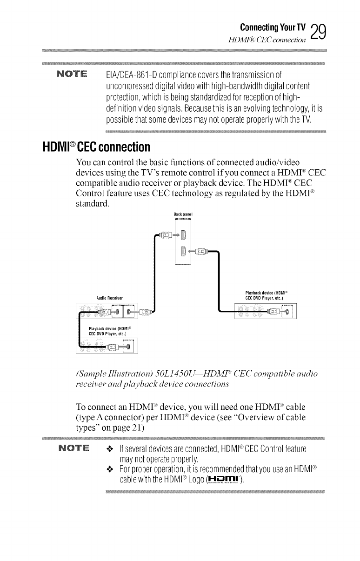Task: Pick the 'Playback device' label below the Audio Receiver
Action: [x=107, y=332]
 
